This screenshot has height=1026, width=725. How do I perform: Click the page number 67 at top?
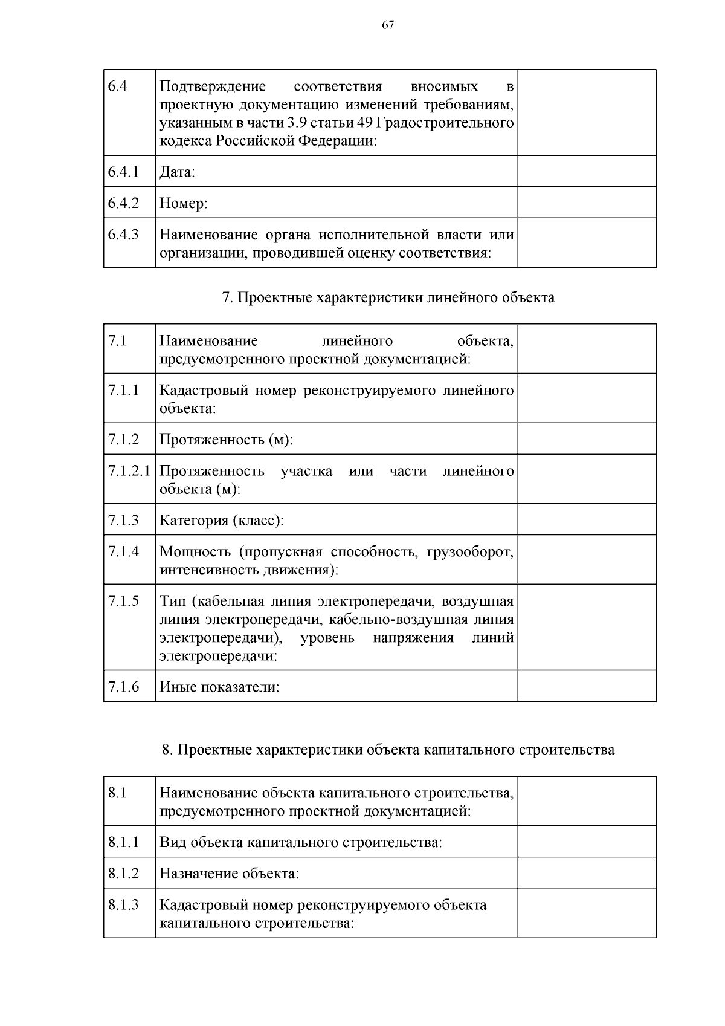(x=388, y=24)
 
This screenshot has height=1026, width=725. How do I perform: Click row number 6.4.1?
(x=123, y=172)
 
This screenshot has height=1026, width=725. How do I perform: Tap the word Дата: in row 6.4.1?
(x=177, y=172)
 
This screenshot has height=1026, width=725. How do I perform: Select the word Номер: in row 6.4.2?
(x=183, y=203)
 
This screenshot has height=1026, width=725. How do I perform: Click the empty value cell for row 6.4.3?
(x=586, y=242)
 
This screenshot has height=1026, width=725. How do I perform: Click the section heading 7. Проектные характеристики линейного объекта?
(x=388, y=297)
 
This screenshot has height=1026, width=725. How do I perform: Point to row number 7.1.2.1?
(x=129, y=470)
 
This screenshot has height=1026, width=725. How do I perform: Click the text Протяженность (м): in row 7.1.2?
(x=226, y=440)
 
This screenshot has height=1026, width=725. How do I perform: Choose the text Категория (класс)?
(x=221, y=521)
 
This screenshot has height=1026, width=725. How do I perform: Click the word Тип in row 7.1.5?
(x=172, y=601)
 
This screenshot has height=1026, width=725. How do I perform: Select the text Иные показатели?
(x=219, y=687)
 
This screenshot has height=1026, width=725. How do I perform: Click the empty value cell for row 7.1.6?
(x=586, y=686)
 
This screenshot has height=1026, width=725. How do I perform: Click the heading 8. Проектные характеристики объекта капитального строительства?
(x=388, y=750)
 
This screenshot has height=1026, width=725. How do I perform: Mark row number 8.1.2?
(x=123, y=873)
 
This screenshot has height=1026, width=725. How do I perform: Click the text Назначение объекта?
(x=229, y=874)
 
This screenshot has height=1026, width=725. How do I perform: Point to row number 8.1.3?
(x=123, y=904)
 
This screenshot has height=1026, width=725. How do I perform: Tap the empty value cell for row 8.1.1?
(x=586, y=842)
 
